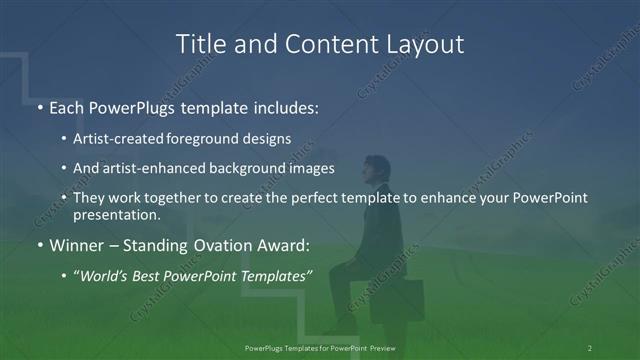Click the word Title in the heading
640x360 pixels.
[x=198, y=44]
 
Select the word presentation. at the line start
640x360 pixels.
[x=116, y=214]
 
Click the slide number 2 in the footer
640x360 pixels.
[x=590, y=347]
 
